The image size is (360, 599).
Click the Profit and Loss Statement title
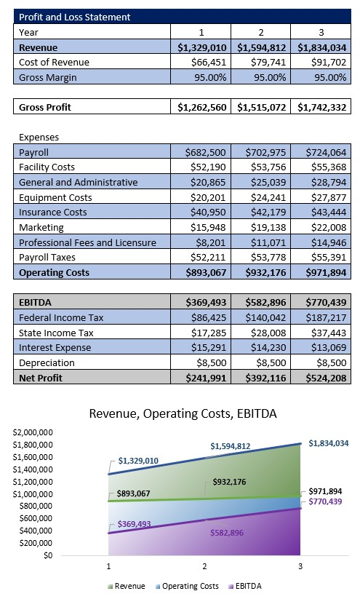(75, 17)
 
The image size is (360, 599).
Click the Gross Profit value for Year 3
(321, 107)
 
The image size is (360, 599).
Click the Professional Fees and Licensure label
(87, 242)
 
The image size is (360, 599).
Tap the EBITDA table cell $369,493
(203, 302)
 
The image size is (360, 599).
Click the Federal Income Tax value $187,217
(321, 317)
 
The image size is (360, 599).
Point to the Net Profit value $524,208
(321, 377)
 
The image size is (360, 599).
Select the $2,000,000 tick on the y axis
(32, 432)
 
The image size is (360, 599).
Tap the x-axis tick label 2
(204, 566)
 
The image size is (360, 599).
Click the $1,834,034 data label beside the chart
(328, 443)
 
